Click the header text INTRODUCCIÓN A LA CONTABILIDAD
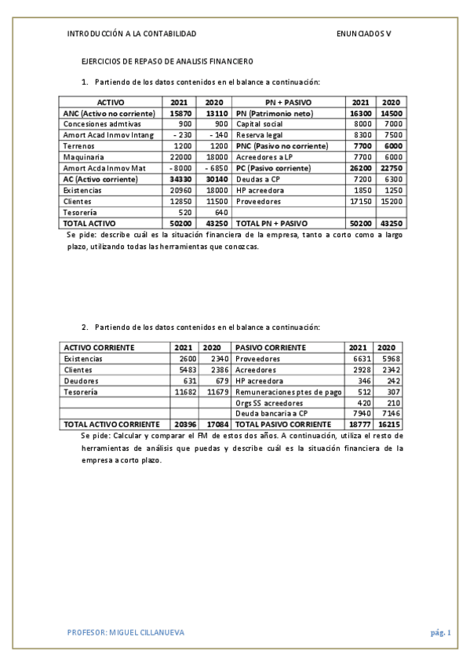[132, 34]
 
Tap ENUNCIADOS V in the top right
[363, 34]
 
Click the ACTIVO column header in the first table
[111, 103]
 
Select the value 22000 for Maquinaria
[180, 157]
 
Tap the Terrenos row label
[78, 146]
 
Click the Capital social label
[260, 125]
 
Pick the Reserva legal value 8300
[362, 136]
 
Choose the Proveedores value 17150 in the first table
[359, 202]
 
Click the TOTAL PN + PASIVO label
[272, 224]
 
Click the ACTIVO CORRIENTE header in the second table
[99, 347]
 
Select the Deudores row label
[82, 381]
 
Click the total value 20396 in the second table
[184, 425]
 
